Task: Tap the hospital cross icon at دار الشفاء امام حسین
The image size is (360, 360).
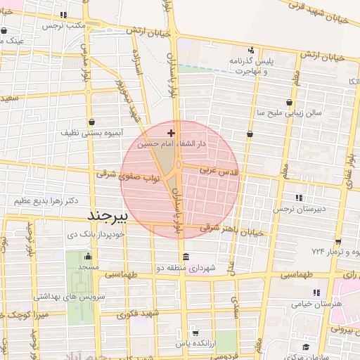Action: click(171, 131)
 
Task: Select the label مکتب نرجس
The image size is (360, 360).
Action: click(64, 25)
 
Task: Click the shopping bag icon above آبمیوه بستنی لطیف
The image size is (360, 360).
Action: click(92, 121)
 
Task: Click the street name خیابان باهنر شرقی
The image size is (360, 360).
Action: click(231, 230)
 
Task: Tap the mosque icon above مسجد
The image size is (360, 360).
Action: click(89, 256)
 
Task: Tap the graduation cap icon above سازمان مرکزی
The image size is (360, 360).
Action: click(306, 347)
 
